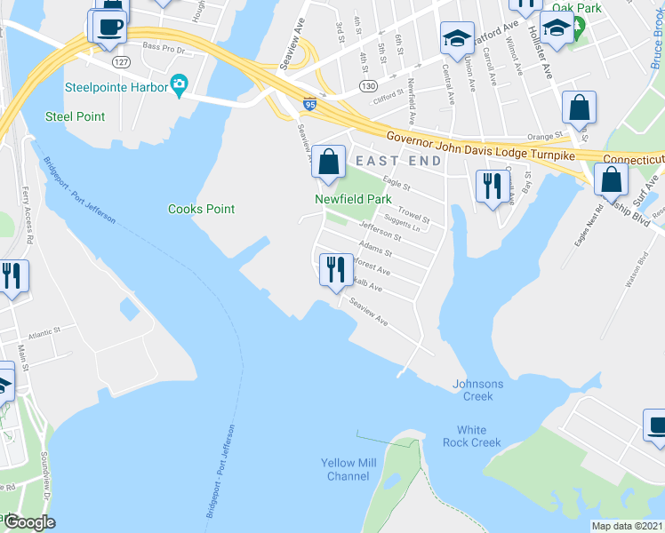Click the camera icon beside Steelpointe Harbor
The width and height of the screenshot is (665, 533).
pyautogui.click(x=180, y=85)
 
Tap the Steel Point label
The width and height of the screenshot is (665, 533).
pyautogui.click(x=76, y=116)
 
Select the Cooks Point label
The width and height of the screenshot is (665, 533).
pyautogui.click(x=202, y=209)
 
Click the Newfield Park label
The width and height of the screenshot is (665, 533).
pyautogui.click(x=353, y=200)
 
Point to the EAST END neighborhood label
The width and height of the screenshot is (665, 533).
pyautogui.click(x=398, y=160)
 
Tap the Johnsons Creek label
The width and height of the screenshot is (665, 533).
pyautogui.click(x=478, y=390)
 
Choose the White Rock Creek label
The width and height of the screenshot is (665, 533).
pyautogui.click(x=473, y=436)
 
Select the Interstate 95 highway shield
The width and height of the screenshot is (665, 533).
pyautogui.click(x=309, y=104)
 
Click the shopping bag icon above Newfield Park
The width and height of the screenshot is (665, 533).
pyautogui.click(x=329, y=163)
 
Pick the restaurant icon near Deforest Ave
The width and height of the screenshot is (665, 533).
pyautogui.click(x=336, y=269)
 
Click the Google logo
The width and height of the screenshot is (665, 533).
pyautogui.click(x=29, y=521)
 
